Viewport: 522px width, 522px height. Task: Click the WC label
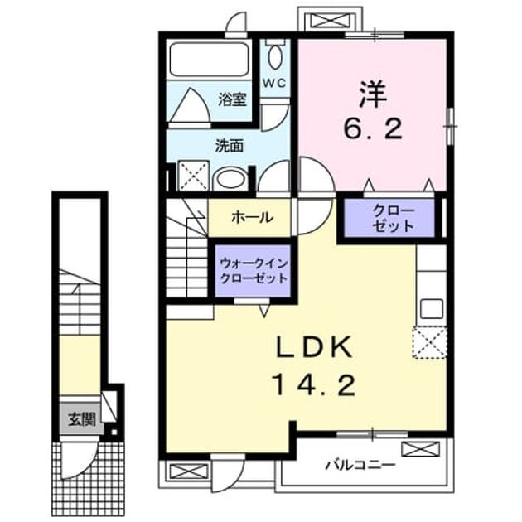click(x=274, y=83)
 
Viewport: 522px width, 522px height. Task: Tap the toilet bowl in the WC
click(x=275, y=57)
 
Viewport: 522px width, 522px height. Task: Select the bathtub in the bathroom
click(x=209, y=60)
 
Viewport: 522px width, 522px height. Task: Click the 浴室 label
click(x=232, y=99)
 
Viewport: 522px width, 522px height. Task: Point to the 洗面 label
click(x=229, y=146)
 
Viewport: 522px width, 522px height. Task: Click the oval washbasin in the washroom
click(x=230, y=180)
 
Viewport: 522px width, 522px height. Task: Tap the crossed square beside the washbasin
click(x=193, y=176)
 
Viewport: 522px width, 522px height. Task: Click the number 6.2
click(x=373, y=129)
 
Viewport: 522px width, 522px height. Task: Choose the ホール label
click(x=253, y=218)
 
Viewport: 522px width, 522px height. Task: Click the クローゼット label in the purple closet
click(x=394, y=219)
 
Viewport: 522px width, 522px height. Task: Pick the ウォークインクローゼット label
click(x=254, y=271)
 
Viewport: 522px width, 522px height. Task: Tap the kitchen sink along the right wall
click(x=432, y=308)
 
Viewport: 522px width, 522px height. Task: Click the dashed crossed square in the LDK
click(x=429, y=342)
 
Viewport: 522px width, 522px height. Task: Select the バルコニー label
click(x=360, y=464)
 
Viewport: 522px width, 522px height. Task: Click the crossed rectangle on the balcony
click(x=420, y=449)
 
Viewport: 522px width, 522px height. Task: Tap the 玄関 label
click(x=82, y=419)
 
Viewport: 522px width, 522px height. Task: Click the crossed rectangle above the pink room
click(x=331, y=20)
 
